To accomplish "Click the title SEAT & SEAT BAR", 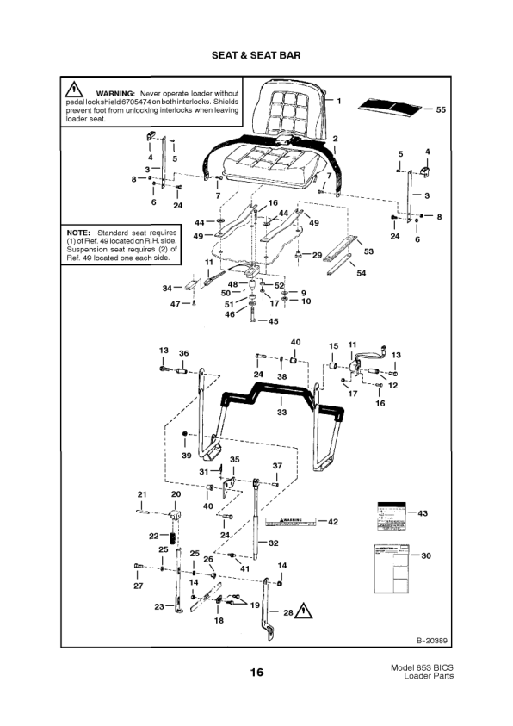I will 256,55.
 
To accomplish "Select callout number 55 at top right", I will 441,110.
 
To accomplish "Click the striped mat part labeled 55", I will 391,105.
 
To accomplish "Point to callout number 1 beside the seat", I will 338,101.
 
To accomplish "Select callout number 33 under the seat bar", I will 281,413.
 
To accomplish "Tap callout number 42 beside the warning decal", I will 333,521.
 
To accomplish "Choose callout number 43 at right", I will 422,513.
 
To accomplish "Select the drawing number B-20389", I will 432,640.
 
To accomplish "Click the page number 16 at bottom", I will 256,672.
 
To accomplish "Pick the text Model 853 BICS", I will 421,667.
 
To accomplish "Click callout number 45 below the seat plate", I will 274,321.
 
